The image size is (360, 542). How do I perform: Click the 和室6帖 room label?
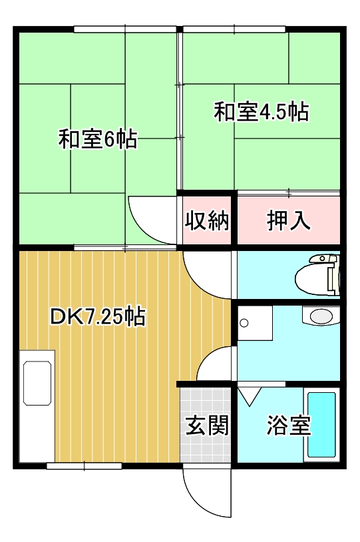coord(98,139)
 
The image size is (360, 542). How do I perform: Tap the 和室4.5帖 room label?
coord(261,112)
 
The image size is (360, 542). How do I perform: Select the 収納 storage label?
coord(207,220)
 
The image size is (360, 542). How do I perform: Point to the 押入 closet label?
coord(289,220)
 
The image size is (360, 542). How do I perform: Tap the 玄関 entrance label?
coord(207,425)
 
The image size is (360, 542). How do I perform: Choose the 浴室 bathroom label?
coord(289,425)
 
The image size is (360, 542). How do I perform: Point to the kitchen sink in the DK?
coord(37,384)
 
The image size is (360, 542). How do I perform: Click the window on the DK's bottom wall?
coord(84,465)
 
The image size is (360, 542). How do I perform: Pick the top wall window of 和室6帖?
coord(124,29)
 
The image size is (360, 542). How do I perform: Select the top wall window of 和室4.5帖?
coord(234,29)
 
